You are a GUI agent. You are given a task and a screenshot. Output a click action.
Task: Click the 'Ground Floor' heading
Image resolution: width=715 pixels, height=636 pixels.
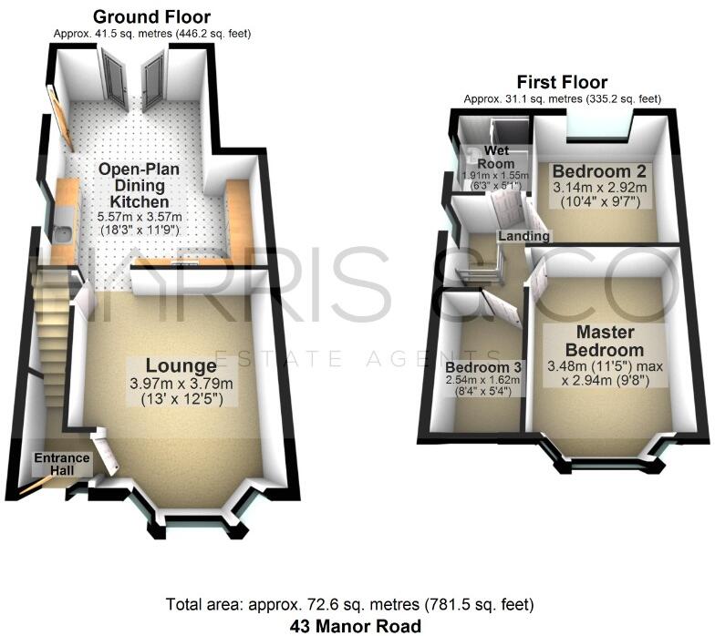click(151, 17)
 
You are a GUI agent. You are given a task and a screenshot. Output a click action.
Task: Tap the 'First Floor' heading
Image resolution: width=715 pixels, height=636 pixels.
click(561, 82)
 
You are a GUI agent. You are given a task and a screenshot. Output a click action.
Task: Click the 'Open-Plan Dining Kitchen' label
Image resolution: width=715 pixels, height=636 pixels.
click(139, 185)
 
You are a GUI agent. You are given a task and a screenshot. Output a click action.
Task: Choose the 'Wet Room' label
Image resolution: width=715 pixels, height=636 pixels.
click(495, 157)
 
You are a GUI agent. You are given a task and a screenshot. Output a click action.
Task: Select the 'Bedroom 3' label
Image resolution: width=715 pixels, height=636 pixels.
click(483, 368)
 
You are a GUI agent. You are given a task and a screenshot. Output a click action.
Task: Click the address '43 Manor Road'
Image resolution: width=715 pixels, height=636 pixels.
click(356, 626)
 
